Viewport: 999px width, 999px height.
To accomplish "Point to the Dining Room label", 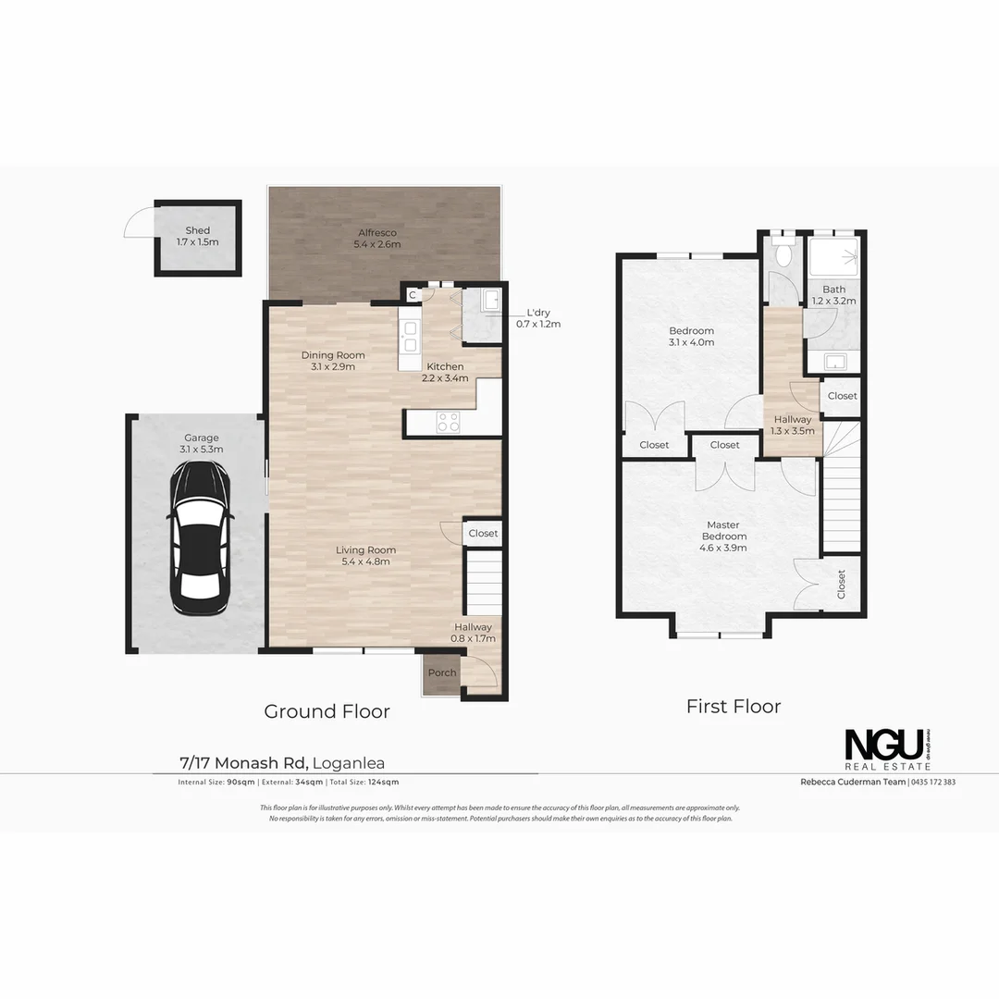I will pos(333,360).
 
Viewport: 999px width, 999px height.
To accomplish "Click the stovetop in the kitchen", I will pos(448,423).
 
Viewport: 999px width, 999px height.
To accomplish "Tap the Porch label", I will pos(442,672).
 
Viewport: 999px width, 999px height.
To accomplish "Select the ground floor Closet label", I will pos(483,534).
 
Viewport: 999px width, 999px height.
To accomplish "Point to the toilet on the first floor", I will pos(784,254).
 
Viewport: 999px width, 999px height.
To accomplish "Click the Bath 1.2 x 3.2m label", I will pos(834,294).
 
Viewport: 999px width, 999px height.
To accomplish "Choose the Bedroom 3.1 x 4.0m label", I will pos(692,336).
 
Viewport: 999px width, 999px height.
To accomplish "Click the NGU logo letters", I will pos(883,745).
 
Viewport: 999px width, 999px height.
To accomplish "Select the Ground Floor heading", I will pos(327,711).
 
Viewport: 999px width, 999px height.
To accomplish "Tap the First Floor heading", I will pos(734,707).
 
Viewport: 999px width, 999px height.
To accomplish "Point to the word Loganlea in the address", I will pos(349,763).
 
